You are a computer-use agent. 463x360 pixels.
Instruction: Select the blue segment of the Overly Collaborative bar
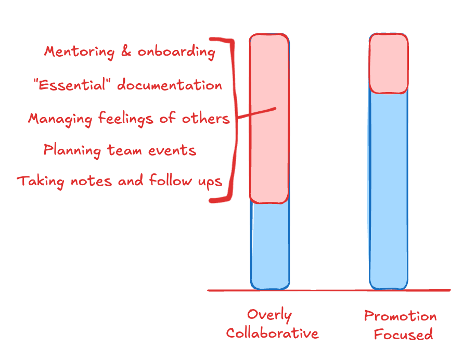(269, 245)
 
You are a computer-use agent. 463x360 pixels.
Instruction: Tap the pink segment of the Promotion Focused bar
(388, 63)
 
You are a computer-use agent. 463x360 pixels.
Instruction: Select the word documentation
(170, 85)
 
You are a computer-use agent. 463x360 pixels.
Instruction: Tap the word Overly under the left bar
(269, 315)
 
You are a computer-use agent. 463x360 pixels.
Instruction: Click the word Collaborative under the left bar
(272, 333)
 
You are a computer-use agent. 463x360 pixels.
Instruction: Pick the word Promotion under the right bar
(400, 316)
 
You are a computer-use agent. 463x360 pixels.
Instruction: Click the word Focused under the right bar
(403, 334)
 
